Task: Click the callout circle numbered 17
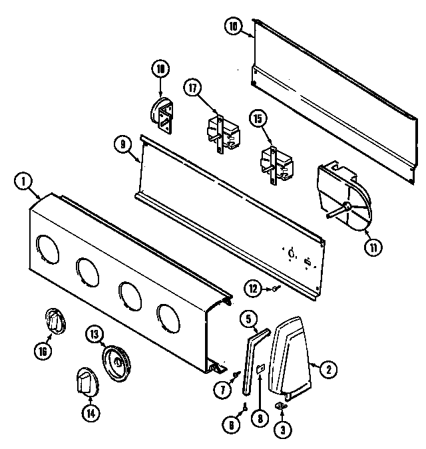(x=194, y=89)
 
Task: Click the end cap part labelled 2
(x=292, y=353)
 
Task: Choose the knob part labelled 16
(x=56, y=323)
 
